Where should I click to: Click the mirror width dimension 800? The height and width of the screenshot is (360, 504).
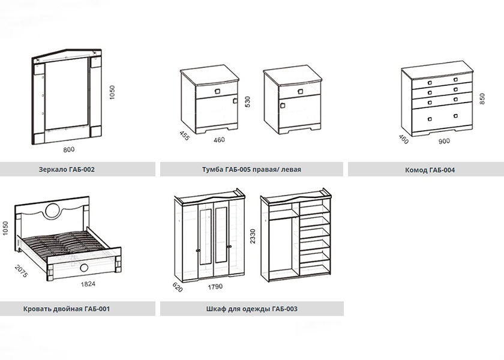69,149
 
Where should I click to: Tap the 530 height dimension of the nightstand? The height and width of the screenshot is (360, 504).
247,101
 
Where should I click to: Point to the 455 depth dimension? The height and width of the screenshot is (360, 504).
185,136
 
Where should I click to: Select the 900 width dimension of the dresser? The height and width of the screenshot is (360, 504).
444,141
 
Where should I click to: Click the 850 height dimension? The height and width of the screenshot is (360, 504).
482,98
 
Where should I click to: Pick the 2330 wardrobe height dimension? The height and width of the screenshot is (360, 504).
253,236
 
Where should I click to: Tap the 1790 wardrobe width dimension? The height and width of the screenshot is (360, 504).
215,287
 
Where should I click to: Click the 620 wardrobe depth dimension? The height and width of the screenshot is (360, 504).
178,287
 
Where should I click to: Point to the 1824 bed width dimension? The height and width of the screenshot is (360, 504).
88,284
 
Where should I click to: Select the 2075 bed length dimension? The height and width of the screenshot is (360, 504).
21,271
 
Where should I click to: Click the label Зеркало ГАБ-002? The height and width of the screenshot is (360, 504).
67,169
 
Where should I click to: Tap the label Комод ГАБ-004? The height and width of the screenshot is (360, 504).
430,170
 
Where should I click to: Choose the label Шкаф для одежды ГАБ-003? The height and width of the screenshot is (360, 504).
251,309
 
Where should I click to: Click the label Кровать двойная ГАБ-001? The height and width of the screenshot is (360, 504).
67,309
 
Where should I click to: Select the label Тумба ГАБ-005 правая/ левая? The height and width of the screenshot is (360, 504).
251,169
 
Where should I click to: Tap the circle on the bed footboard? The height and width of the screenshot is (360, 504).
84,268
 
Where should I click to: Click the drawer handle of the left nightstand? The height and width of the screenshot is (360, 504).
217,92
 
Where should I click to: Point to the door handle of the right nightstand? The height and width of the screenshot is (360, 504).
283,106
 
